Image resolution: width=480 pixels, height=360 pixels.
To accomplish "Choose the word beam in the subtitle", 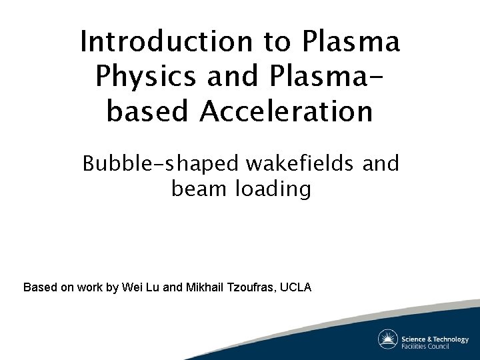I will (200, 189).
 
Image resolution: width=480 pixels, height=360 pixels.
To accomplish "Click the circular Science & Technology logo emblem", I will (388, 339).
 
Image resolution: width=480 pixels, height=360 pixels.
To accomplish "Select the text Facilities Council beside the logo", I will (426, 346).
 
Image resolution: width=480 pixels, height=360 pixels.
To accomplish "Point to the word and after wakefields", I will (381, 163).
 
